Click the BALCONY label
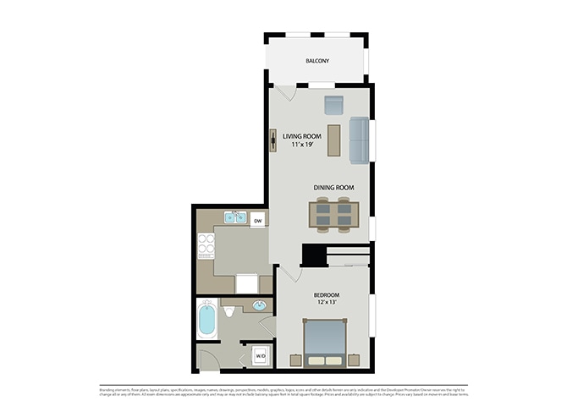[x=317, y=62]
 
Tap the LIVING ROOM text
[x=302, y=135]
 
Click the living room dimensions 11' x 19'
[x=302, y=145]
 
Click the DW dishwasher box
[x=257, y=221]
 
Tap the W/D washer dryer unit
[x=261, y=356]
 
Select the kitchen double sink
[x=234, y=218]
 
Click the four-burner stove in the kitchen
[x=206, y=245]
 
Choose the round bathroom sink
[x=259, y=305]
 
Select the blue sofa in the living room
[x=358, y=140]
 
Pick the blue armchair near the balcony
[x=333, y=105]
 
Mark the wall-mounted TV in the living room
[x=274, y=140]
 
